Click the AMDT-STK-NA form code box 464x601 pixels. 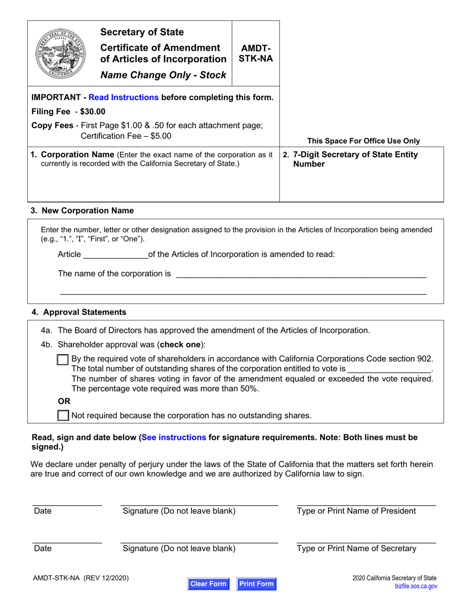point(255,53)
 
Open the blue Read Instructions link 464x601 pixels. point(124,97)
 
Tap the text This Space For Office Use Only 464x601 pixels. point(363,141)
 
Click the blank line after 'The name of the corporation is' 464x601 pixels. point(300,275)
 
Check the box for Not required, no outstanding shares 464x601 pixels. point(63,416)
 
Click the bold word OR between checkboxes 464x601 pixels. point(64,401)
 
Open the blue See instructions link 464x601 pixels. point(174,437)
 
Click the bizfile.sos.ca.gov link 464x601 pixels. point(416,586)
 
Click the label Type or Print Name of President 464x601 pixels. point(357,511)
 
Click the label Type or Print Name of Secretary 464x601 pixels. point(357,548)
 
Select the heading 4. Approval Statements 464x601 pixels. point(79,312)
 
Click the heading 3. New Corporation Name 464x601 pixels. point(82,211)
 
